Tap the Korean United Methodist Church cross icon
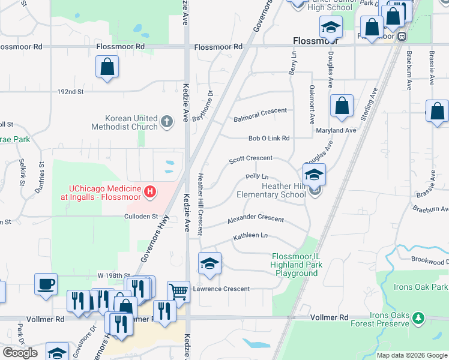click(167, 122)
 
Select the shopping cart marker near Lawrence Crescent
click(178, 292)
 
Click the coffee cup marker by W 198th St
click(46, 284)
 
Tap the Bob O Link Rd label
click(269, 138)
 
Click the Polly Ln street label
click(257, 176)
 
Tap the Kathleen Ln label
click(250, 236)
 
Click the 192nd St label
click(70, 92)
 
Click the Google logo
click(20, 353)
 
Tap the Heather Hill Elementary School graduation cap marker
click(314, 175)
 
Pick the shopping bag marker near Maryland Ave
click(342, 106)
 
